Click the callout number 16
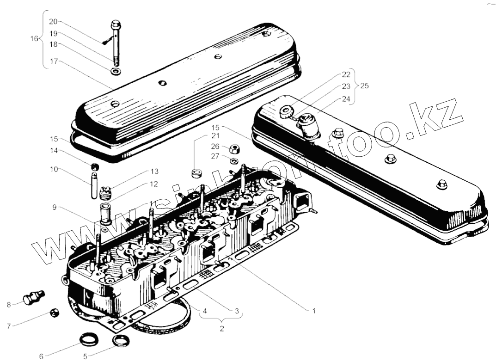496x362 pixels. click(x=34, y=38)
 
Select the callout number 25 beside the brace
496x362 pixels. click(x=365, y=86)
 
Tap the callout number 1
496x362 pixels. click(x=314, y=311)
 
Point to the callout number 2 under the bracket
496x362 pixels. click(x=222, y=329)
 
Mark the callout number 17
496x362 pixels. click(x=54, y=61)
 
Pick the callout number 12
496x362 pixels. click(x=153, y=184)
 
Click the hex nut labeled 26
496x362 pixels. click(x=234, y=149)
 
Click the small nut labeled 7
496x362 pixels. click(x=55, y=314)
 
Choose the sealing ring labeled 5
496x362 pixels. click(x=121, y=342)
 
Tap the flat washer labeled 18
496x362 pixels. click(x=114, y=72)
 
